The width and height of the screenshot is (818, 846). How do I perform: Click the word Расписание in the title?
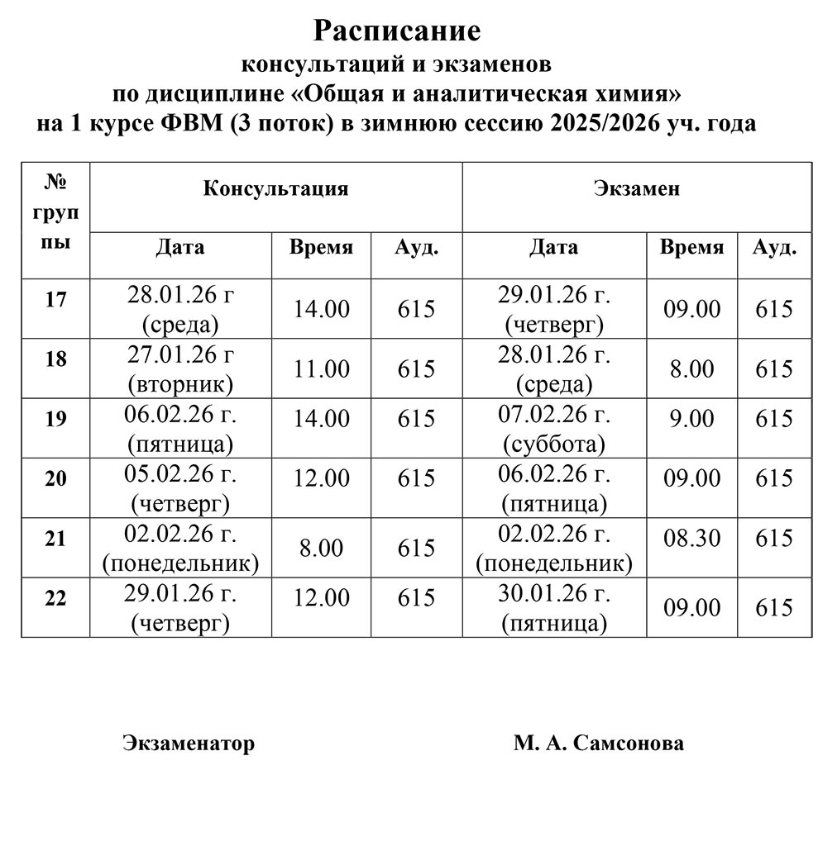pos(396,31)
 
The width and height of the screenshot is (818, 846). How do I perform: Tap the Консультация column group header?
pos(275,188)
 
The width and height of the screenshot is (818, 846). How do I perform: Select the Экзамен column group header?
pos(636,188)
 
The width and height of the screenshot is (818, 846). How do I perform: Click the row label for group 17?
pos(55,299)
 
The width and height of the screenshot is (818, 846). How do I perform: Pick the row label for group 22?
pos(55,599)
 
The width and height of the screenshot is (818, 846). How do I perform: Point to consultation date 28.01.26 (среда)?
pos(180,307)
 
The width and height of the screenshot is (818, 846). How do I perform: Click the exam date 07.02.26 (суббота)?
pos(553,428)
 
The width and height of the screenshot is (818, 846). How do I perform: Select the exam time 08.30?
pos(691,538)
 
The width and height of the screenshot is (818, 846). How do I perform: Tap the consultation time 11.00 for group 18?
pos(322,368)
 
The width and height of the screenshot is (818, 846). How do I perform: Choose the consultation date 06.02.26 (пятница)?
pos(180,428)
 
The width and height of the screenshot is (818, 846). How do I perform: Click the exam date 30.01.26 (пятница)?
pos(553,607)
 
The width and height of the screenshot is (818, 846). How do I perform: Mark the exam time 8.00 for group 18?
pos(691,368)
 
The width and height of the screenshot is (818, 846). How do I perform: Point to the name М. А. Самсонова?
pos(598,743)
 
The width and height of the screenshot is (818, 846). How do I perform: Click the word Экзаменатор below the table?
pos(189,743)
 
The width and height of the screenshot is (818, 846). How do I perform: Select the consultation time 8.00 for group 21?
pos(322,548)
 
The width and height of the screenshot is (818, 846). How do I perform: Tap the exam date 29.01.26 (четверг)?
pos(553,307)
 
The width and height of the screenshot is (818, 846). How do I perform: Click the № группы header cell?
pos(55,211)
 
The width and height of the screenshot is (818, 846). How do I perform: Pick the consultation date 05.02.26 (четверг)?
pos(180,488)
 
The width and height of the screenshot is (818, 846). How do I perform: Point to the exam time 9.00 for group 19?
pos(691,418)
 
